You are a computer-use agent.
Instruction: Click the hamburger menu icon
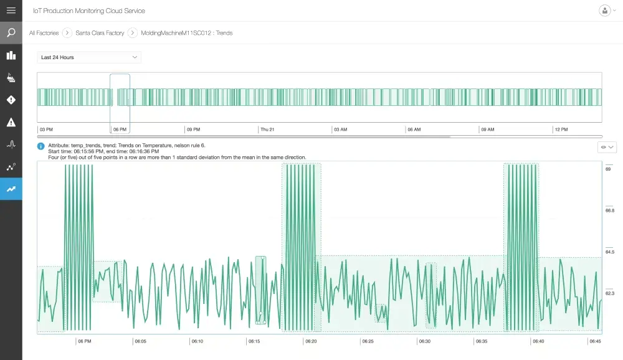(x=11, y=11)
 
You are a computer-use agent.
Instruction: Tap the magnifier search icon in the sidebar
(x=11, y=33)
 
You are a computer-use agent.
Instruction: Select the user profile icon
(x=604, y=11)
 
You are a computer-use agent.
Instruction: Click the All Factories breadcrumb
(x=44, y=33)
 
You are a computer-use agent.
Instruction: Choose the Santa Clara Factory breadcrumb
(x=100, y=33)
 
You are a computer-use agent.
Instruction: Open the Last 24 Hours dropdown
(x=88, y=57)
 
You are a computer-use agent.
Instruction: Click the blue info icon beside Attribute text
(x=41, y=146)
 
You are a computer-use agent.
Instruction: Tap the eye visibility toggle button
(x=607, y=147)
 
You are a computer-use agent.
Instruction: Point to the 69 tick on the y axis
(x=607, y=169)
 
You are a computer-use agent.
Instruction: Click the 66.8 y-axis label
(x=609, y=211)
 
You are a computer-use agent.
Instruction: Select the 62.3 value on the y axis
(x=609, y=293)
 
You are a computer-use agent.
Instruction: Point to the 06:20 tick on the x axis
(x=311, y=341)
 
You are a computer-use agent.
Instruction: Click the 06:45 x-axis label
(x=595, y=341)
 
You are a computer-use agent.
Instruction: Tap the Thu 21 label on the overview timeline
(x=267, y=130)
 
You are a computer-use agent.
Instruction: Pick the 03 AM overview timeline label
(x=341, y=130)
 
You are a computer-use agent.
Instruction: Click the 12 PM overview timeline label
(x=561, y=130)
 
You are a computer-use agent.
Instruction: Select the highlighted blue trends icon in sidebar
(x=11, y=189)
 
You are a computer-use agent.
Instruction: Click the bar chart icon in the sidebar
(x=11, y=55)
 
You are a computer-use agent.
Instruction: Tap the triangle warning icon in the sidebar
(x=11, y=122)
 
